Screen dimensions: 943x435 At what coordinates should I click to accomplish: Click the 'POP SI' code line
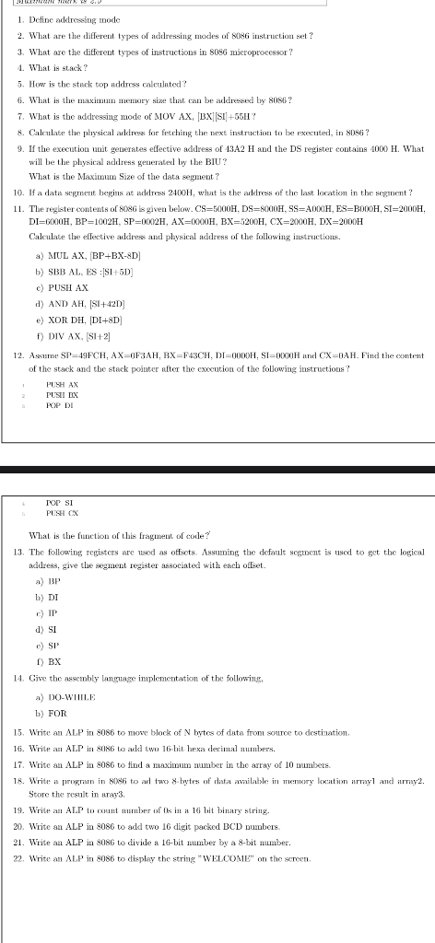(59, 503)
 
